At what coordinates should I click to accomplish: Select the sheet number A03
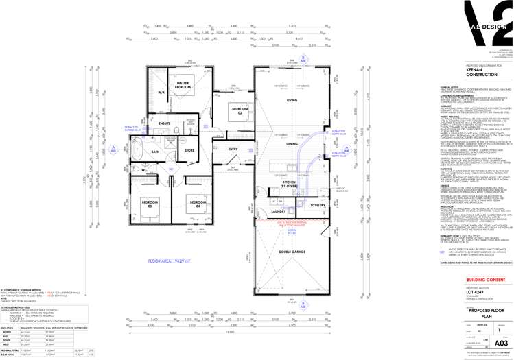coord(501,341)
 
